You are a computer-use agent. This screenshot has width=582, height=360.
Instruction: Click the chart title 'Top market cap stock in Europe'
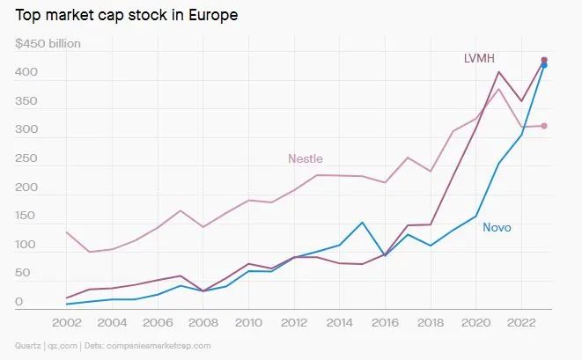127,16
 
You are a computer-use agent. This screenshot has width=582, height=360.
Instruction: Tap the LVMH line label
480,58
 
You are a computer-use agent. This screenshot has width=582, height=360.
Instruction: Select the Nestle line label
306,158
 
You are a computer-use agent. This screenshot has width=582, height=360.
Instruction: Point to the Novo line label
497,227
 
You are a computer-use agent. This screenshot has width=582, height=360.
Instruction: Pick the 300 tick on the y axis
26,130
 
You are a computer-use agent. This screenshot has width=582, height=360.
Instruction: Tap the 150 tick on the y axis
26,216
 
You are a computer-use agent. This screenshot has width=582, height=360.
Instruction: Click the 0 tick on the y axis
18,302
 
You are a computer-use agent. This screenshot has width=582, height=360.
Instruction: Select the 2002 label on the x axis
68,322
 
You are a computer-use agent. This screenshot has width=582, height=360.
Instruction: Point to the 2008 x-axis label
203,322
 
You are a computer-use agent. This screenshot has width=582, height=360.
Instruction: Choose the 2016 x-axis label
385,322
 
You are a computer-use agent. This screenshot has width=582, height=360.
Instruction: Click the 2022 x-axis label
520,322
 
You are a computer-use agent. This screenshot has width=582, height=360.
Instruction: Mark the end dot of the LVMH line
544,60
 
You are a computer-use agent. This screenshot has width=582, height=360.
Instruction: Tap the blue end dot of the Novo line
544,65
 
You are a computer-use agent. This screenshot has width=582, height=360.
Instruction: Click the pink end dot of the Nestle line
544,126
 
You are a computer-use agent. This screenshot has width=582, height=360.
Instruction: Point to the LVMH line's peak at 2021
498,72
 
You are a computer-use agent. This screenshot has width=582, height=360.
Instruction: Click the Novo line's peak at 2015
362,223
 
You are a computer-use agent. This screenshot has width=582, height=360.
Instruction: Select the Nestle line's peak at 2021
498,88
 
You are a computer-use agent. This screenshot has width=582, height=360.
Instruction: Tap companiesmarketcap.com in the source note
159,346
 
